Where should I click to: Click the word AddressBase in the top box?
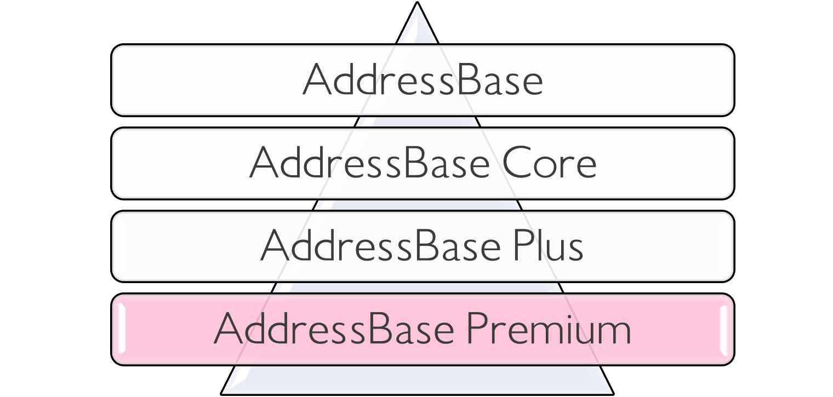point(423,80)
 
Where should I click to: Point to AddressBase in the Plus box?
point(380,246)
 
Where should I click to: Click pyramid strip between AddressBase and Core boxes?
point(417,122)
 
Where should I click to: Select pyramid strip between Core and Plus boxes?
point(417,205)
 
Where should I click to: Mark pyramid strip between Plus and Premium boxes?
point(417,287)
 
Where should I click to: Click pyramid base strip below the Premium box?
point(417,379)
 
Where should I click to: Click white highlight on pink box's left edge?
point(122,329)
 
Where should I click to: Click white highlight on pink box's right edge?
point(723,329)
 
